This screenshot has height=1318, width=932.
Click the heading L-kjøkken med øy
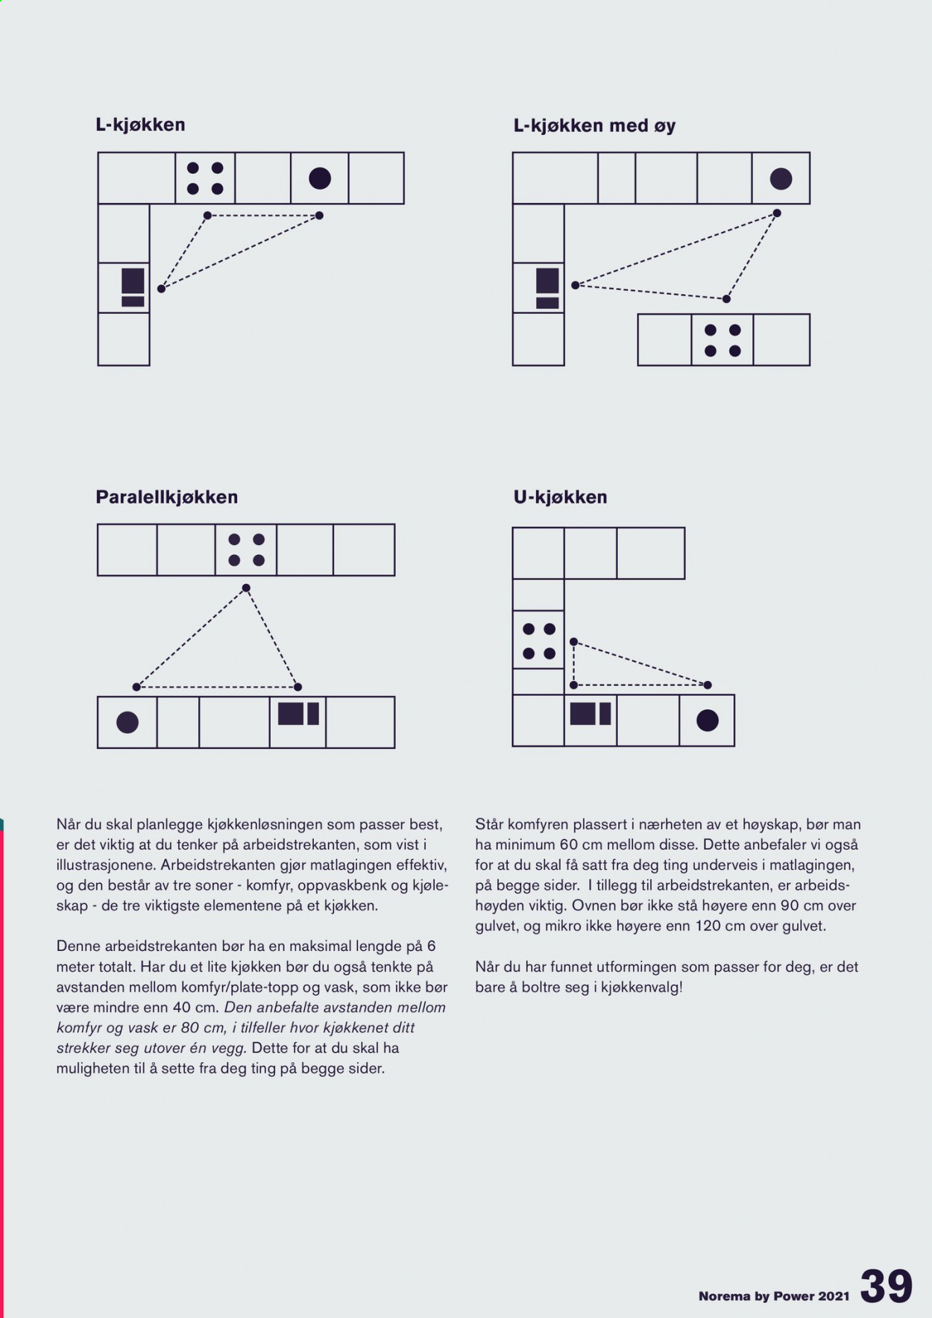point(594,126)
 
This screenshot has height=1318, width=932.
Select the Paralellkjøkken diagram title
point(166,498)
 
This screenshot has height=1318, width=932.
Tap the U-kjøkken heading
point(560,498)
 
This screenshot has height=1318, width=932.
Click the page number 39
point(887,1286)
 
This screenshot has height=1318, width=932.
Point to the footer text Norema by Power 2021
point(774,1296)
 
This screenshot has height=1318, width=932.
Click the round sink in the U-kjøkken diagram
point(707,721)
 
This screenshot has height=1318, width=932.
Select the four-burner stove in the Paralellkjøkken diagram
point(246,550)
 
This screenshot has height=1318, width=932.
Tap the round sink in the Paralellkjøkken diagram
point(127,723)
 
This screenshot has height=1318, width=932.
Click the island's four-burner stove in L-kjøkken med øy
point(722,340)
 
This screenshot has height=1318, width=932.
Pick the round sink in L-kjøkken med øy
point(781,179)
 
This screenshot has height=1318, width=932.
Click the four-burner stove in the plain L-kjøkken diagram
point(205,178)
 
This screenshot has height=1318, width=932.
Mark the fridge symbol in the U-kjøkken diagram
point(591,714)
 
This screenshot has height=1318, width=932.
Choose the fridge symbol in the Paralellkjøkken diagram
point(298,714)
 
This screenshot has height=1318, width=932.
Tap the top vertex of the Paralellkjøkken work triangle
point(246,589)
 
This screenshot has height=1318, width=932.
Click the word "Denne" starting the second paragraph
point(78,947)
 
